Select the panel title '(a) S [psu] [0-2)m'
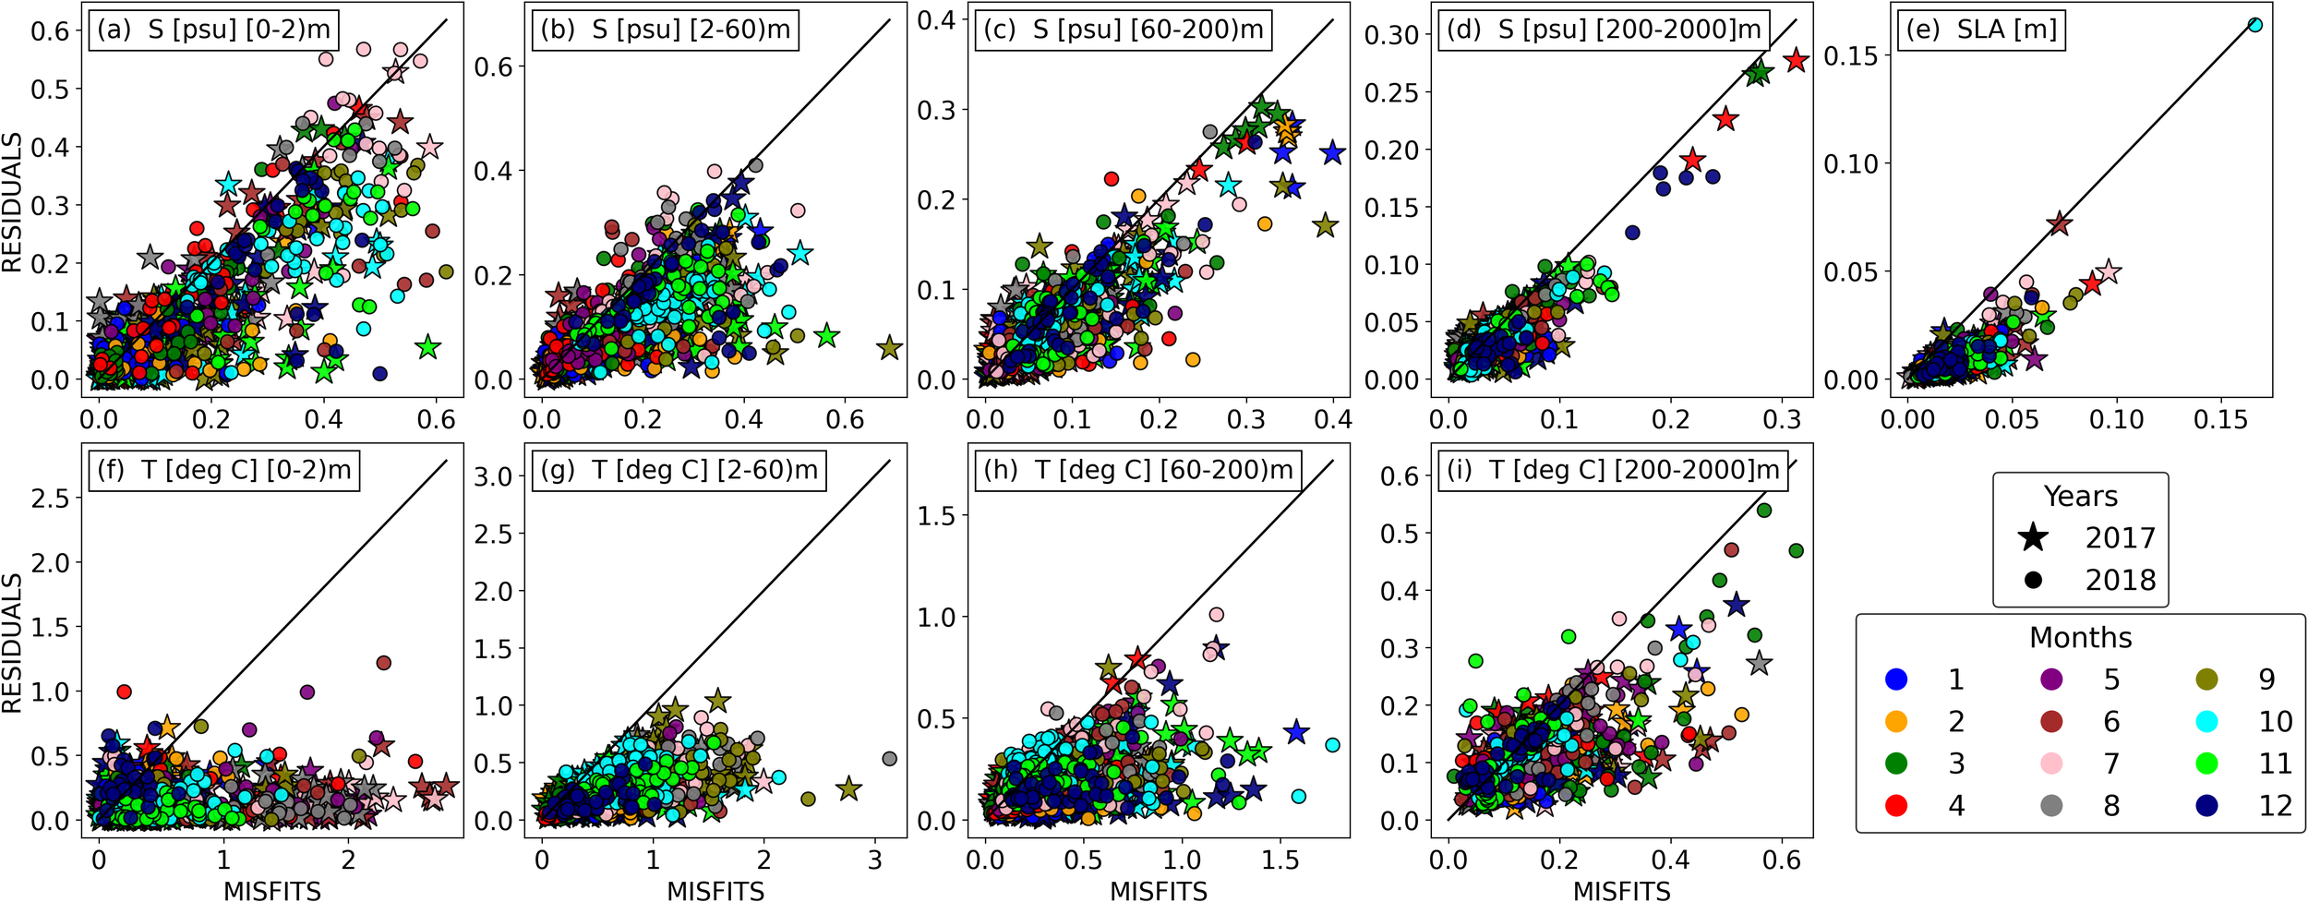pyautogui.click(x=213, y=30)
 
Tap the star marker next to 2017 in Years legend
pyautogui.click(x=2033, y=537)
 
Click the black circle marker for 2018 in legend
pyautogui.click(x=2033, y=580)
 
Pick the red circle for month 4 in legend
pyautogui.click(x=1896, y=805)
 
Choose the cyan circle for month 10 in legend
pyautogui.click(x=2206, y=721)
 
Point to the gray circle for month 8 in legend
pyautogui.click(x=2051, y=805)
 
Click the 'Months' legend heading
pyautogui.click(x=2080, y=637)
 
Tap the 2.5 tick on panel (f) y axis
pyautogui.click(x=51, y=498)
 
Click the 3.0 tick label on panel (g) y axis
pyautogui.click(x=493, y=477)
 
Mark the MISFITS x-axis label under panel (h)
pyautogui.click(x=1158, y=890)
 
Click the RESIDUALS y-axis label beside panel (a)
pyautogui.click(x=12, y=203)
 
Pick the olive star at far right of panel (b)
pyautogui.click(x=889, y=348)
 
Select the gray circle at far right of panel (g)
pyautogui.click(x=889, y=759)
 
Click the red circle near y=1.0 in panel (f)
pyautogui.click(x=124, y=692)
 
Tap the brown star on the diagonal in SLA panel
pyautogui.click(x=2059, y=223)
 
